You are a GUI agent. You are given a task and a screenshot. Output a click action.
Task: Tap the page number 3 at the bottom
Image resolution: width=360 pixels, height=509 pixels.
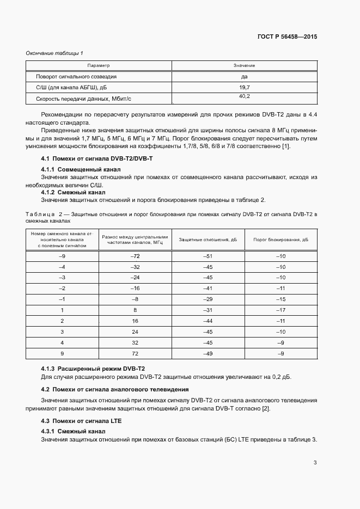[315, 463]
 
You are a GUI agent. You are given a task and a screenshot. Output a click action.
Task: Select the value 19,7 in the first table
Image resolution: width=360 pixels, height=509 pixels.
[244, 87]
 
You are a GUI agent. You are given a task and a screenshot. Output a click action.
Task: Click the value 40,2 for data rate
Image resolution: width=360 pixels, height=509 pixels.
[244, 96]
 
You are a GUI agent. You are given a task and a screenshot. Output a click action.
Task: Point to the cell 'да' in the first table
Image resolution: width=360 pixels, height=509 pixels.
[244, 77]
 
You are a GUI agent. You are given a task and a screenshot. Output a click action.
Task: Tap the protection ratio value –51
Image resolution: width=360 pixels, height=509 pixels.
[208, 256]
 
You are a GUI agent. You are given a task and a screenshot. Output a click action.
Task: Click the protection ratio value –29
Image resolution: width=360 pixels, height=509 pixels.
[208, 299]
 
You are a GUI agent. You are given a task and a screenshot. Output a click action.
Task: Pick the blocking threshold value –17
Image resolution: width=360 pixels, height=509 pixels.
[280, 310]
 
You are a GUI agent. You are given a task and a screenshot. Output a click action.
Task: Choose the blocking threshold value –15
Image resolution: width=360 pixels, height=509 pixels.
[280, 299]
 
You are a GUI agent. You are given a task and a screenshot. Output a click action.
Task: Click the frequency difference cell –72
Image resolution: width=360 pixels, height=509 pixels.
[135, 256]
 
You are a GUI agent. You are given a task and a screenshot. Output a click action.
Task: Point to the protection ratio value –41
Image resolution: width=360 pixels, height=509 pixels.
[208, 288]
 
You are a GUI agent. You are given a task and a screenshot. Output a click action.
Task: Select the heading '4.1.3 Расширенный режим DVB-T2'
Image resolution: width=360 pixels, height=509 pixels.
[93, 369]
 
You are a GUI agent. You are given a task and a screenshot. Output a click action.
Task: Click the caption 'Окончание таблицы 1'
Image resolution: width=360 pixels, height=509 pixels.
[54, 53]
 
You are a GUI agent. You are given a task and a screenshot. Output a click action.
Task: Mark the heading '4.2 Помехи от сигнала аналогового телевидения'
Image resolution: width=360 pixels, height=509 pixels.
[115, 389]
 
